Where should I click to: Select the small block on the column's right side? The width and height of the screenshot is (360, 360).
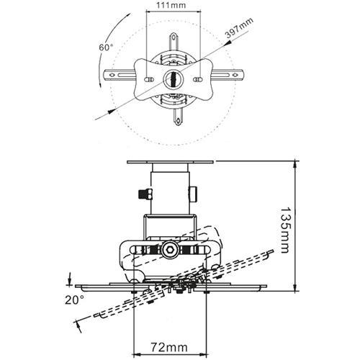pyautogui.click(x=195, y=192)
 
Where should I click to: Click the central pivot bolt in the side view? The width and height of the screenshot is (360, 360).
pyautogui.click(x=171, y=250)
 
